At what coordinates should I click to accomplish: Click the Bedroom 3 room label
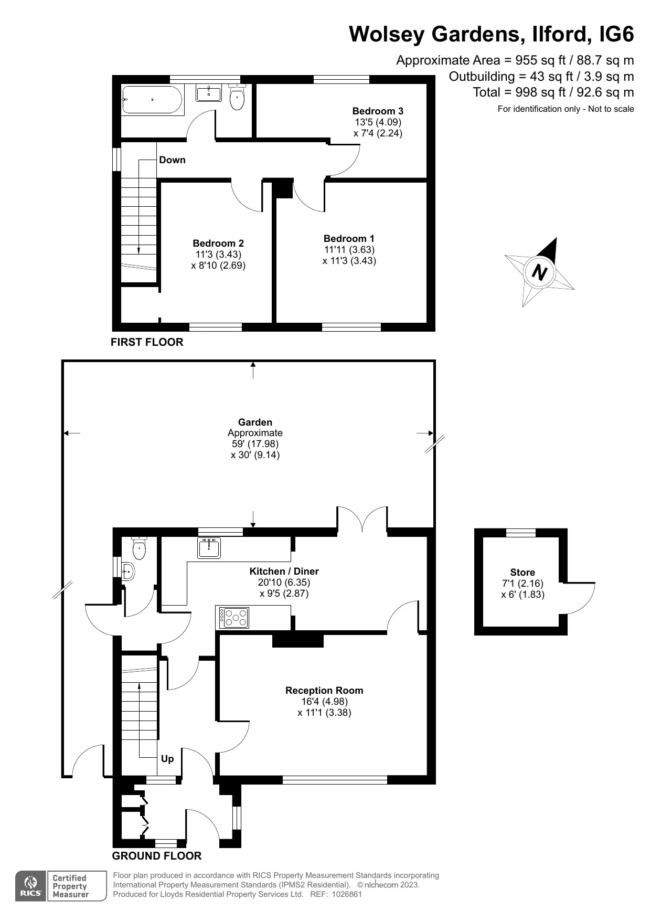point(378,111)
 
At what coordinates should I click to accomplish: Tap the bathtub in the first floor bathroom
point(152,100)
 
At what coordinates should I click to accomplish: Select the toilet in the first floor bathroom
point(237,98)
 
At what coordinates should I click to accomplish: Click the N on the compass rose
point(539,272)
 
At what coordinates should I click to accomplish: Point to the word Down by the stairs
point(172,160)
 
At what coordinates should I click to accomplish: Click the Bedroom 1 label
point(349,238)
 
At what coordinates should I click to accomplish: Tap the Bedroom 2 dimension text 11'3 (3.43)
point(218,254)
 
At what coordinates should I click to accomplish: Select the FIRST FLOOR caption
point(147,342)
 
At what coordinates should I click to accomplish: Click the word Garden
point(255,422)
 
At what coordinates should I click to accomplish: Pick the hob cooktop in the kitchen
point(234,618)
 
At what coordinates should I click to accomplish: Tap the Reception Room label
point(324,690)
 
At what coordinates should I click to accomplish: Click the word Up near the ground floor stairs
point(167,759)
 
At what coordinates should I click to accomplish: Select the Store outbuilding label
point(522,572)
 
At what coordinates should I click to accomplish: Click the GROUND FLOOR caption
point(157,856)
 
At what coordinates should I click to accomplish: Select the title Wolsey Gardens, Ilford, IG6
point(491,34)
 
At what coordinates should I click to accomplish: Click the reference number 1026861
point(344,894)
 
